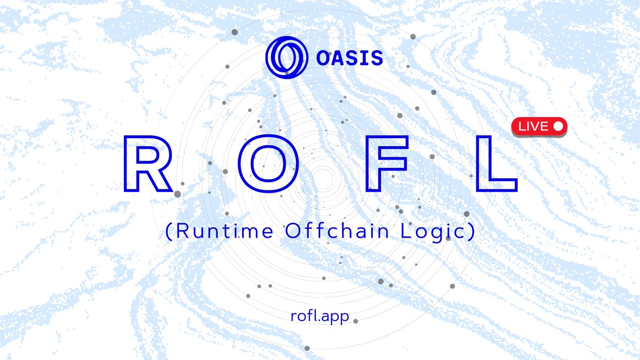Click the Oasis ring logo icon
(286, 57)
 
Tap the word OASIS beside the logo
(349, 58)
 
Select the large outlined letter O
(266, 164)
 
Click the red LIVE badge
(539, 126)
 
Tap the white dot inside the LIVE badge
(558, 126)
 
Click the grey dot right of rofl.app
(356, 321)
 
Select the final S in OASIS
(377, 58)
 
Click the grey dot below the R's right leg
(178, 195)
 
